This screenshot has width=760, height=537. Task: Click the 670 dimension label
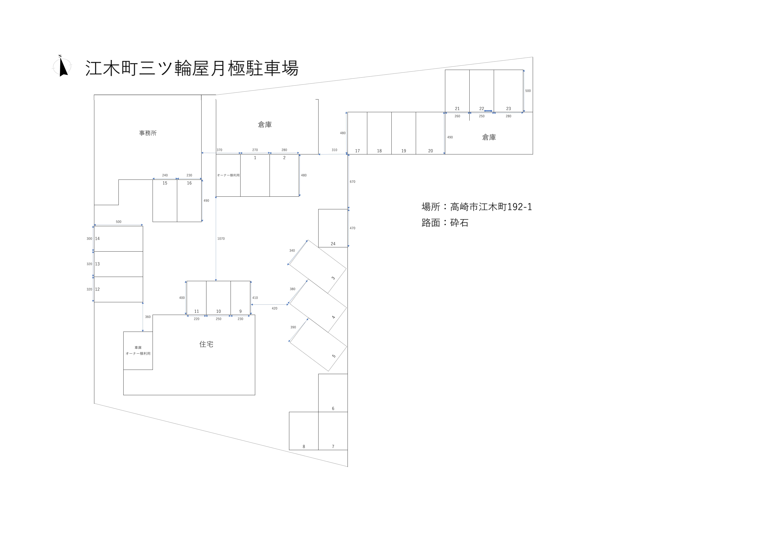click(x=353, y=182)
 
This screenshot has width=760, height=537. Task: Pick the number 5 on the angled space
click(x=334, y=356)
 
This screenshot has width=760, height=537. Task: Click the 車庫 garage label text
click(x=138, y=348)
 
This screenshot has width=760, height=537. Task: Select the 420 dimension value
click(x=274, y=309)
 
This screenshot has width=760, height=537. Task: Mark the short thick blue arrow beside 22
click(x=488, y=111)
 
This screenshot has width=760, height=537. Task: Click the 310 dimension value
click(x=334, y=150)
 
